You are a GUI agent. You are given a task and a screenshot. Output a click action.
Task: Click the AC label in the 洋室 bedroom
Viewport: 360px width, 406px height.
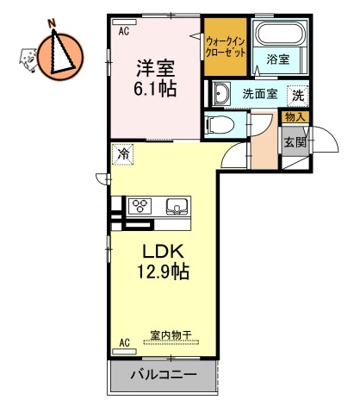124,32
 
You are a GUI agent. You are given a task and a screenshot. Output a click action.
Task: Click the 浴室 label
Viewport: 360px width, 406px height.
277,59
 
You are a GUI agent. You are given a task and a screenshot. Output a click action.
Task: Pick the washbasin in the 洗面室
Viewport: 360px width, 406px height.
221,94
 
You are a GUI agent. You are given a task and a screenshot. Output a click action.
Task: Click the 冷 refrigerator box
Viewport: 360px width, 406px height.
123,155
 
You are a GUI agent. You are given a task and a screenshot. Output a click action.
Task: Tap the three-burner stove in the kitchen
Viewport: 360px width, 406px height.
140,207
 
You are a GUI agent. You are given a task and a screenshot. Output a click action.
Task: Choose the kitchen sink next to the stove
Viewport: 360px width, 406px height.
177,207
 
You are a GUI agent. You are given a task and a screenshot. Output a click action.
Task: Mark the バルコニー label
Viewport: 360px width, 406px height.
164,375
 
